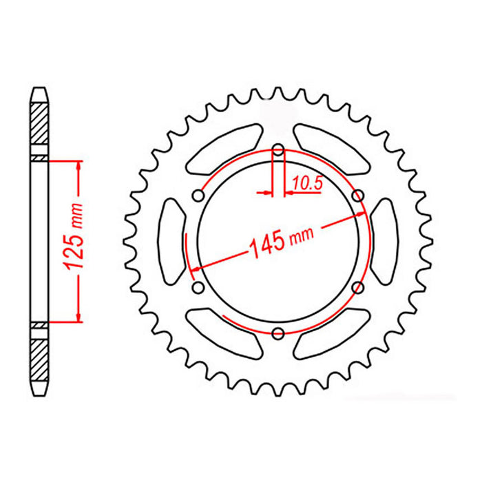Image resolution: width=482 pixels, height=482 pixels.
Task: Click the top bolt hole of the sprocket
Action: click(278, 149)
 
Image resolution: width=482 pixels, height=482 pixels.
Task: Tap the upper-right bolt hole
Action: click(357, 197)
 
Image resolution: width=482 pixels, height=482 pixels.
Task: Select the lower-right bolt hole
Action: click(357, 287)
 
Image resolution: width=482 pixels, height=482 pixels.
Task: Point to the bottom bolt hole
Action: click(278, 334)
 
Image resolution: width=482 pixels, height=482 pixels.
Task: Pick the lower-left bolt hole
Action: click(198, 287)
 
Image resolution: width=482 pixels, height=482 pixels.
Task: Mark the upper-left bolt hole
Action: click(198, 197)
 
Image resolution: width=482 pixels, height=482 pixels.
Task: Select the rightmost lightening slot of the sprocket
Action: click(384, 242)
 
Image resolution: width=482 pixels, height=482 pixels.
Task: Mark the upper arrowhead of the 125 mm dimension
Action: click(79, 166)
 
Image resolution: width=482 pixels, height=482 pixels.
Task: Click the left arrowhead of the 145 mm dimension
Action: click(195, 267)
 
